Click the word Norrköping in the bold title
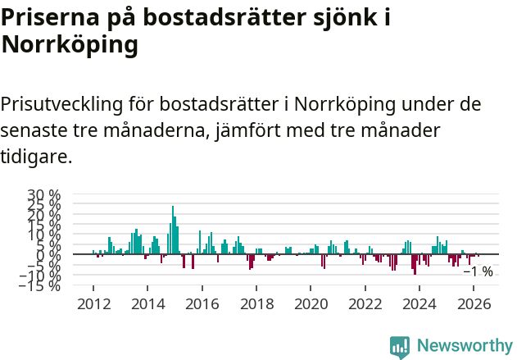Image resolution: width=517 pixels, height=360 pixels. click(x=70, y=46)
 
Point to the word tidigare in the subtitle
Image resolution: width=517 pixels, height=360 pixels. click(x=36, y=156)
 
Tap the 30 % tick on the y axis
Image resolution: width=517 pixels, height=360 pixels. click(x=45, y=195)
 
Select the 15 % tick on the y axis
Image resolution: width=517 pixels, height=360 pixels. click(x=45, y=225)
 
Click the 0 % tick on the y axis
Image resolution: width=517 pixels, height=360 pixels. click(x=48, y=255)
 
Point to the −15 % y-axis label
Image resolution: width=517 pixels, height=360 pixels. click(x=41, y=285)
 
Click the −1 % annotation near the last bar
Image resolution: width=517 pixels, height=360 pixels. click(x=478, y=271)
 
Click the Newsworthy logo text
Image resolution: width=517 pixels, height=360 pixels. click(x=464, y=345)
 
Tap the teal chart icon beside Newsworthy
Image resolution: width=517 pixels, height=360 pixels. click(x=400, y=346)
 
